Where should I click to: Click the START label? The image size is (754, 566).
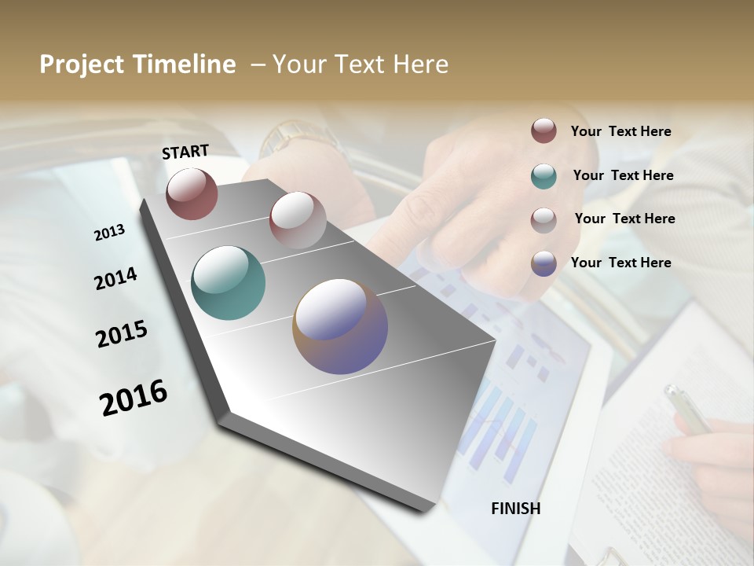click(x=185, y=151)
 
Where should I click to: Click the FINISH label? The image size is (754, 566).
click(x=515, y=509)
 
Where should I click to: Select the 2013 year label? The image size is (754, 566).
click(x=109, y=232)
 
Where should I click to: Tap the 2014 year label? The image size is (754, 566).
click(x=115, y=278)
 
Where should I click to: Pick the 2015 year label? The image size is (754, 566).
click(x=122, y=334)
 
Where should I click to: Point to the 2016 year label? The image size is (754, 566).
click(x=134, y=398)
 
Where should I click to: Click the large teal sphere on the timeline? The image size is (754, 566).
click(x=229, y=283)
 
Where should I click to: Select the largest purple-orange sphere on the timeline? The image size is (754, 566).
click(x=340, y=326)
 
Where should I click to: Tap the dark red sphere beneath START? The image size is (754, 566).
click(x=192, y=193)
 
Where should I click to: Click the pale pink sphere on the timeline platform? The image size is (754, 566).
click(x=298, y=219)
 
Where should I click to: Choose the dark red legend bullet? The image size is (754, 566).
click(x=544, y=130)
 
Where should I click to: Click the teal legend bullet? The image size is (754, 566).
click(x=544, y=175)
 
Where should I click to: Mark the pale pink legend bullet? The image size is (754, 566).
click(x=544, y=219)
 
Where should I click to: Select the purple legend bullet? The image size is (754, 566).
click(x=544, y=263)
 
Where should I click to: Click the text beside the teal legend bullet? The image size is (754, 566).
click(x=623, y=175)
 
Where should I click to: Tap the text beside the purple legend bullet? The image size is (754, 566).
click(x=620, y=263)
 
